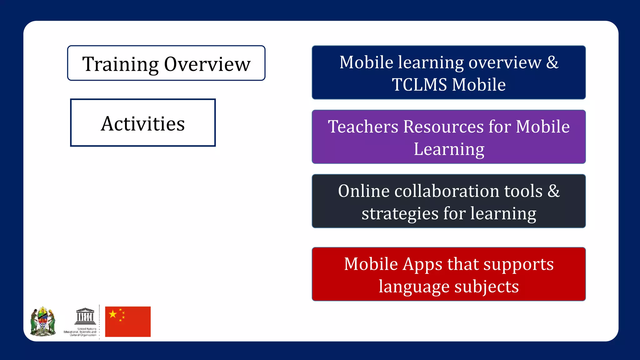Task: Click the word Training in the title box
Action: [x=120, y=64]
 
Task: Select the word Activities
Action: [x=143, y=123]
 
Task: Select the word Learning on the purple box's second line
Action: [x=449, y=149]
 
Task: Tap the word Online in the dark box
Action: [x=364, y=191]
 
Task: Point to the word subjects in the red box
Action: [x=487, y=287]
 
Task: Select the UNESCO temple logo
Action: [x=85, y=316]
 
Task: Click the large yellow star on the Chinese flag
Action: [x=113, y=314]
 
